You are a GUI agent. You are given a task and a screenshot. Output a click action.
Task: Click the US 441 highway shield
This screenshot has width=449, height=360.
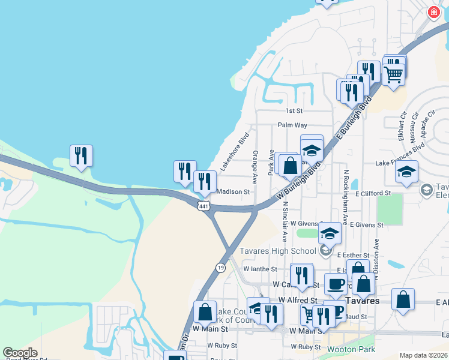[205, 206]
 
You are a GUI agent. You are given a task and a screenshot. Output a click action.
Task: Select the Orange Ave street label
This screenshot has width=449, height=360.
[255, 167]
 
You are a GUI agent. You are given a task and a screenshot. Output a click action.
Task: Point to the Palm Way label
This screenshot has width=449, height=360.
[292, 125]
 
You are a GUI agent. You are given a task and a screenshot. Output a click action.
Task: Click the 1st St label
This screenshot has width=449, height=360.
[294, 111]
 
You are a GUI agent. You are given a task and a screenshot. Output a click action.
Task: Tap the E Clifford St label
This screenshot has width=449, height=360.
[373, 194]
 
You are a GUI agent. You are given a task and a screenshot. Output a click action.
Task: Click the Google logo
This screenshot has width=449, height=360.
[20, 353]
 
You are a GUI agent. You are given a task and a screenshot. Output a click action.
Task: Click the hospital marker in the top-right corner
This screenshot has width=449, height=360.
[433, 12]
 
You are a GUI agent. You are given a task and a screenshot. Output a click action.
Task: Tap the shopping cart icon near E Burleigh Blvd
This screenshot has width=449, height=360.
[393, 75]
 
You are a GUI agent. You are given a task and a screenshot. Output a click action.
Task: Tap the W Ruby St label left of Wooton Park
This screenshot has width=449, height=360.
[218, 346]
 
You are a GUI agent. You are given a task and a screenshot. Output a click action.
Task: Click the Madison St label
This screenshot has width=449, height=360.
[232, 192]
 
